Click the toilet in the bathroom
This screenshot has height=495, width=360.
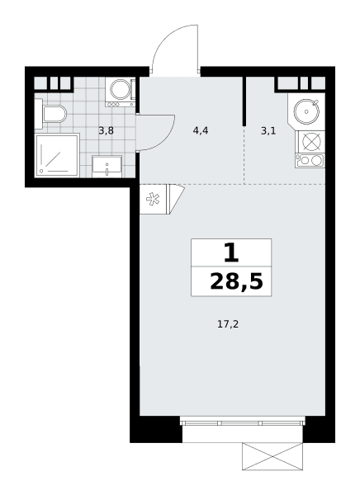coord(54,114)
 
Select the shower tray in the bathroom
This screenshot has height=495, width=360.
coord(57,155)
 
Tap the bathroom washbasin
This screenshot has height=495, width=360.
coord(107,166)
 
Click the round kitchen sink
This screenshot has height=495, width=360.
coord(306,111)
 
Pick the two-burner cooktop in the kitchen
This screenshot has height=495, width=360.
coord(310,160)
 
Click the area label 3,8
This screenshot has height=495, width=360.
coord(106,130)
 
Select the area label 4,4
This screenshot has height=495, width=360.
coord(201,130)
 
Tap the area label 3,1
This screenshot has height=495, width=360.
coord(268,131)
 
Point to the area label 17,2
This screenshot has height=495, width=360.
coord(228,324)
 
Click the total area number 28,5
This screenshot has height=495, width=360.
coord(236,282)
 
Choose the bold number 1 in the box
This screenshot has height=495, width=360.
coord(231,253)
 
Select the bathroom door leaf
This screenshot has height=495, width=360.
coord(155,132)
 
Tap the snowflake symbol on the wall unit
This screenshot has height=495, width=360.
coord(153,199)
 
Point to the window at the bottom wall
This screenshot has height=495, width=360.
coord(243,422)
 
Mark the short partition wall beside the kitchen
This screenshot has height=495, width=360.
coord(244,101)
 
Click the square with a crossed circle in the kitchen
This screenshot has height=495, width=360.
coord(310,141)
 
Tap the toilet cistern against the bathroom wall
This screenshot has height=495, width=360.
coord(38,114)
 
